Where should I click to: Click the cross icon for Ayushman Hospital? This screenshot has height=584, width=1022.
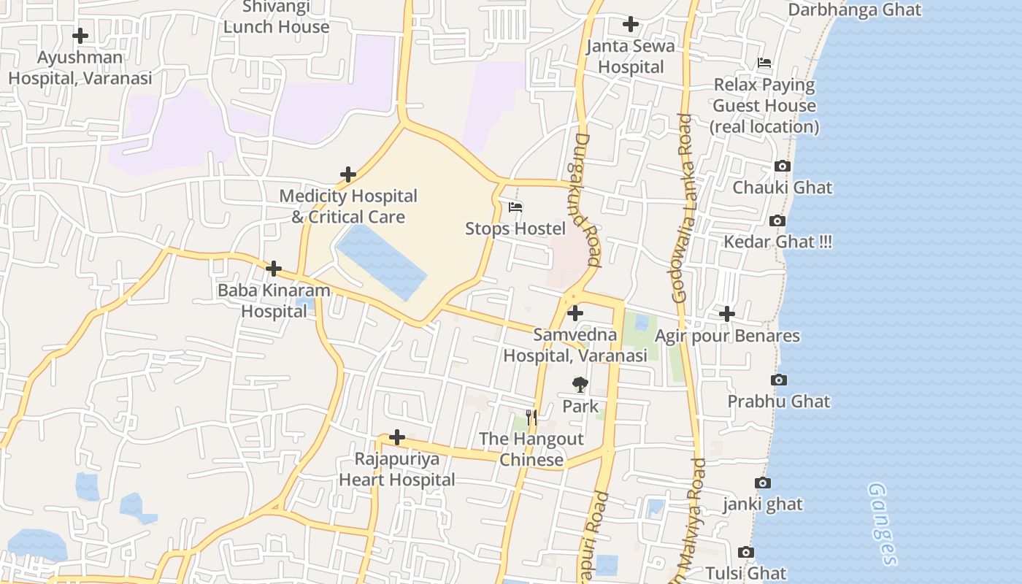80,35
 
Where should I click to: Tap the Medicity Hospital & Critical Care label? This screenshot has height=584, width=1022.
348,207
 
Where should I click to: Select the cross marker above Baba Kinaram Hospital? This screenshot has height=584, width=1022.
274,269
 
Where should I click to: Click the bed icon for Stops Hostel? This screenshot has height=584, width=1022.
515,207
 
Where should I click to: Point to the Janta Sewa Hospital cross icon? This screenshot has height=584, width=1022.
631,24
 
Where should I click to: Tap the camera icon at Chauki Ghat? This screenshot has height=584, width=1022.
783,166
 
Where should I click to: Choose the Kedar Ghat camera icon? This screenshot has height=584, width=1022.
777,220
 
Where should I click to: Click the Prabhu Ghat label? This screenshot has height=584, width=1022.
778,401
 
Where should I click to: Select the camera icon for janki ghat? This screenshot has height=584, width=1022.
763,483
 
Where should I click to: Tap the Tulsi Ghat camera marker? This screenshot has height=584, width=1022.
745,552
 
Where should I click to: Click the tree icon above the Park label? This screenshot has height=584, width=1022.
580,384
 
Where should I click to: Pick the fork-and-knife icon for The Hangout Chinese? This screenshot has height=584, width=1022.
531,418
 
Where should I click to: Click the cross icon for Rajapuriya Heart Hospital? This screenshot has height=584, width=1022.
397,437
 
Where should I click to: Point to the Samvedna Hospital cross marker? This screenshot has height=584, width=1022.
575,313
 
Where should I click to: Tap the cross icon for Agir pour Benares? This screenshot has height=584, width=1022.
727,314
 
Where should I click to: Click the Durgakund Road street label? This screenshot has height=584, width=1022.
587,199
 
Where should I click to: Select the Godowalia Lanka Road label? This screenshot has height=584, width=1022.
680,208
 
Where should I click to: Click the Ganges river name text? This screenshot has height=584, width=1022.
882,523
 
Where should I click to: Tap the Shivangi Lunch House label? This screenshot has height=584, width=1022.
276,18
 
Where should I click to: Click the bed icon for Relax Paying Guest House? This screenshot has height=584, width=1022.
764,63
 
